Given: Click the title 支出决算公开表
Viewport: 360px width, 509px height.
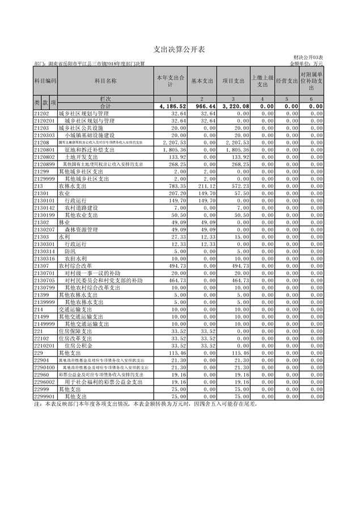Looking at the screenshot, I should tap(180, 49).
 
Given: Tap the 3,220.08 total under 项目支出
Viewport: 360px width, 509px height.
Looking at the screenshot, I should tap(235, 106).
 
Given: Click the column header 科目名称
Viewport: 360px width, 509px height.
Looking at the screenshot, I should tap(105, 82).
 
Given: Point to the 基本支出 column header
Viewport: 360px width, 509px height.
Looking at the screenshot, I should tap(202, 82).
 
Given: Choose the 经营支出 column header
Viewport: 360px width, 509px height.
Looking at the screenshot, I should tap(287, 82).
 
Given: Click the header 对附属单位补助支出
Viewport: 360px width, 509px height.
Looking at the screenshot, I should tap(311, 82).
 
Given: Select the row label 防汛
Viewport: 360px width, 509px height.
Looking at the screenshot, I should tap(70, 251).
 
